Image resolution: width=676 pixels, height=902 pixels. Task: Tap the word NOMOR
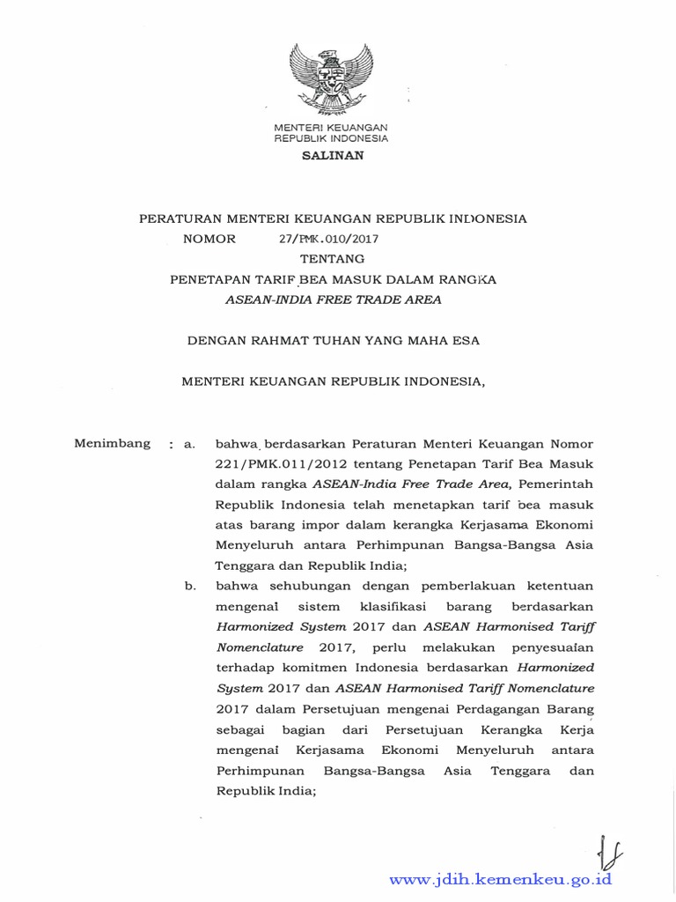tap(209, 239)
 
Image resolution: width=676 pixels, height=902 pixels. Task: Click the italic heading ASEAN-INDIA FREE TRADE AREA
tap(334, 299)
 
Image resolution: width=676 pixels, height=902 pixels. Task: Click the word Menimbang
tap(112, 443)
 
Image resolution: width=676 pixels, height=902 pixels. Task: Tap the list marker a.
tap(188, 444)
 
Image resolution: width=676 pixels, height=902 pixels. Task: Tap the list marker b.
tap(189, 585)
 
